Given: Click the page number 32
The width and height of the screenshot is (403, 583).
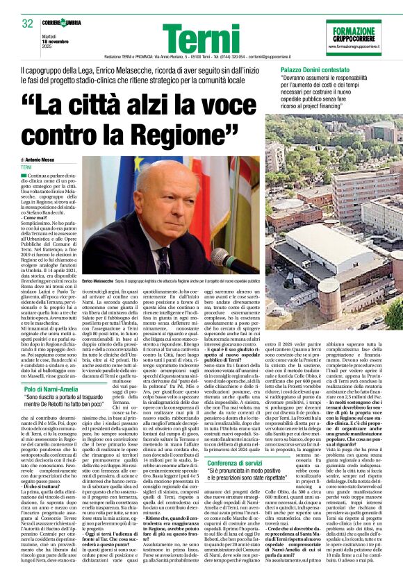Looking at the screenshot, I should tap(28, 24).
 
